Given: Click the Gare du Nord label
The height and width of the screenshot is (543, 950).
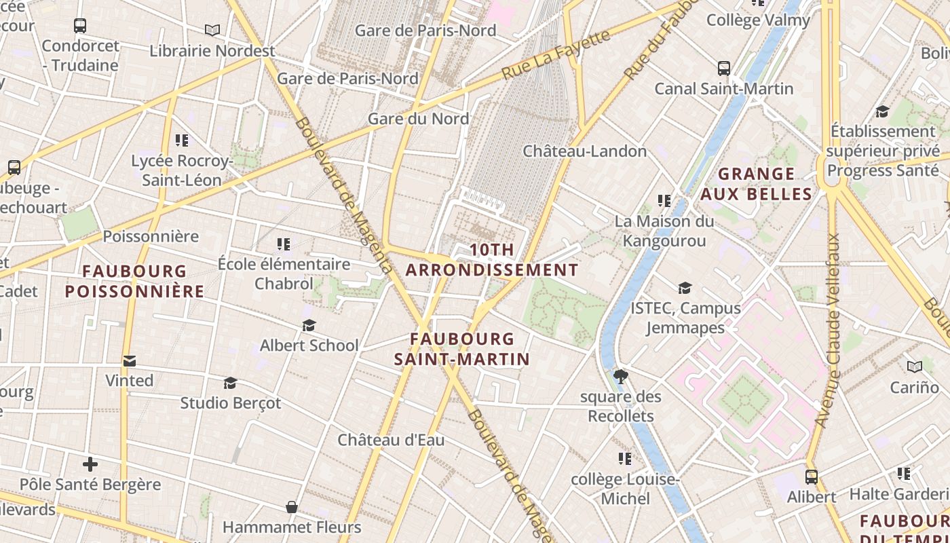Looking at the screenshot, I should pyautogui.click(x=418, y=119).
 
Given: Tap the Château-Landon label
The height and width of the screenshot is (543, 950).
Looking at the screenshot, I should pyautogui.click(x=584, y=151).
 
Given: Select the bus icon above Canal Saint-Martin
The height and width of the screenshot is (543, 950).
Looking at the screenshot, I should pyautogui.click(x=724, y=69).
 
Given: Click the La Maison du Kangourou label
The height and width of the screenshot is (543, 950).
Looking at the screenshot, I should pyautogui.click(x=664, y=231).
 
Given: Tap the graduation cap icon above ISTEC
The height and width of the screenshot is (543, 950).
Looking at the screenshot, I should pyautogui.click(x=685, y=288).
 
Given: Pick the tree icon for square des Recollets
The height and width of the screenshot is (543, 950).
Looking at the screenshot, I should pyautogui.click(x=620, y=376).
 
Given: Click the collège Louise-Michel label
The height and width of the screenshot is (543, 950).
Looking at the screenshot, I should pyautogui.click(x=625, y=489).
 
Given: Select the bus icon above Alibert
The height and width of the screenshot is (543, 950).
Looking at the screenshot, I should pyautogui.click(x=812, y=476).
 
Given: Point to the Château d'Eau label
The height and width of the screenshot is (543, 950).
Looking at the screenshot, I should pyautogui.click(x=392, y=440).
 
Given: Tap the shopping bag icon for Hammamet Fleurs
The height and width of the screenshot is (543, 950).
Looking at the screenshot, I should pyautogui.click(x=292, y=507).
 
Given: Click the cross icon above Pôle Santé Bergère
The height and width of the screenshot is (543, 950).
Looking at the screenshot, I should pyautogui.click(x=90, y=464).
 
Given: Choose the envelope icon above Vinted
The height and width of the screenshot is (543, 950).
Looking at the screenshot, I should pyautogui.click(x=130, y=360).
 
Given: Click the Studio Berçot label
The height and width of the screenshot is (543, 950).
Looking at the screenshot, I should pyautogui.click(x=230, y=402).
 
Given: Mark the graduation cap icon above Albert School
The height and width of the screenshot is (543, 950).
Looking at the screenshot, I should pyautogui.click(x=309, y=326).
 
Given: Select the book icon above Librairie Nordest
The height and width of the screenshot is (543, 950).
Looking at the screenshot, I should pyautogui.click(x=212, y=31).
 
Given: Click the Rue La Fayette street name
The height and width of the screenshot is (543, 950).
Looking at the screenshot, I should pyautogui.click(x=556, y=55).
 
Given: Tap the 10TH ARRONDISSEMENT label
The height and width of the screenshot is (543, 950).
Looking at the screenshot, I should pyautogui.click(x=491, y=260).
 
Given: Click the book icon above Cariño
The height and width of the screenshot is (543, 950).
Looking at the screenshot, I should pyautogui.click(x=915, y=367).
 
